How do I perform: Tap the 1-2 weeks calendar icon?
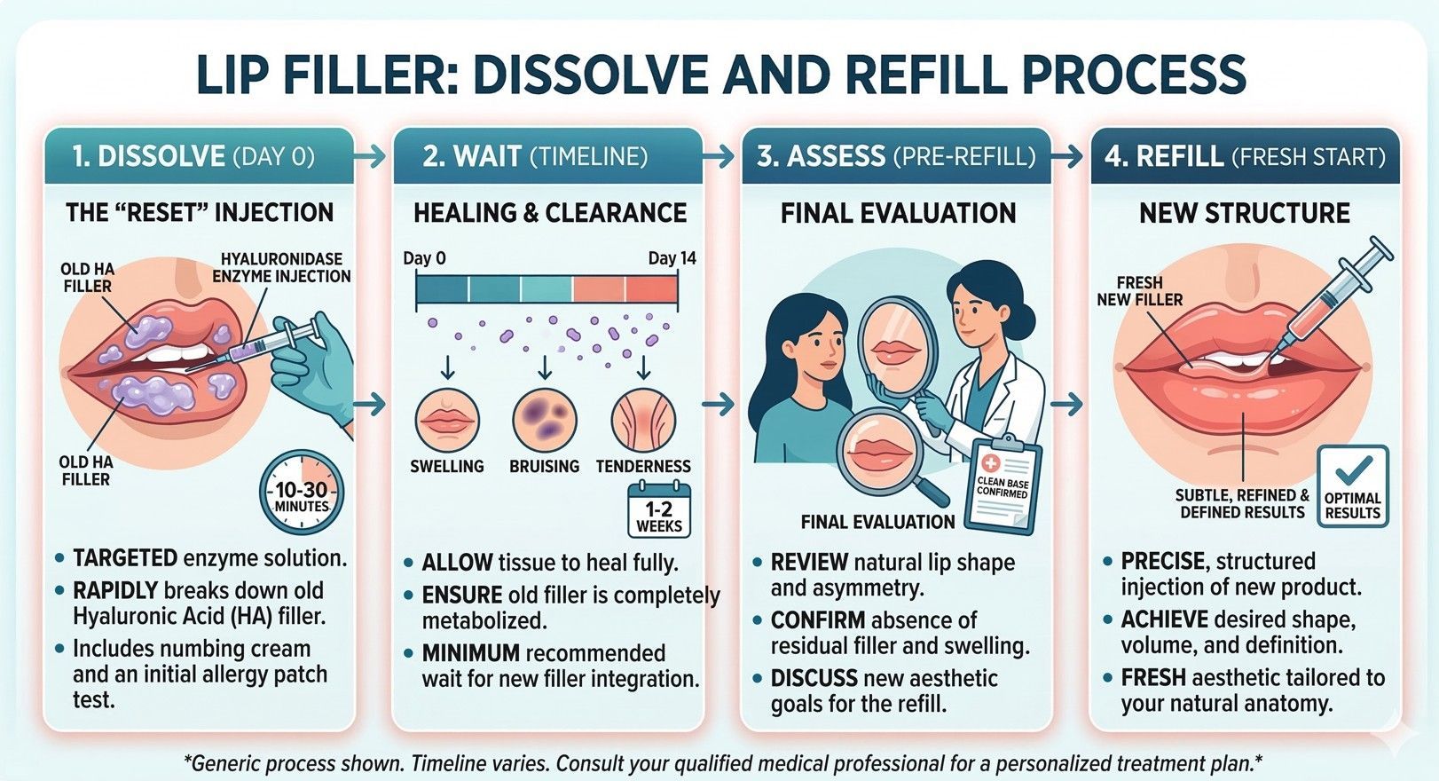658,510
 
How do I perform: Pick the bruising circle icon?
545,420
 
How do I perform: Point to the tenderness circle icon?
643,420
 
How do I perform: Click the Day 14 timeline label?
672,258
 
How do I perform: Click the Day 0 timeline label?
424,258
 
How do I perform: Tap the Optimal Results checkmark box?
1353,485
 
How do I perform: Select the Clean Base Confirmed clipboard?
1003,486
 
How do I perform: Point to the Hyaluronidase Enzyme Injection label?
281,267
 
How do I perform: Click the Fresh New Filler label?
1139,291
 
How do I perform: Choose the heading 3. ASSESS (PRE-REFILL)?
896,156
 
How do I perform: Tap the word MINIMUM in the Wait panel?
470,653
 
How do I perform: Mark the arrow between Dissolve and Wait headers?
370,157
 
